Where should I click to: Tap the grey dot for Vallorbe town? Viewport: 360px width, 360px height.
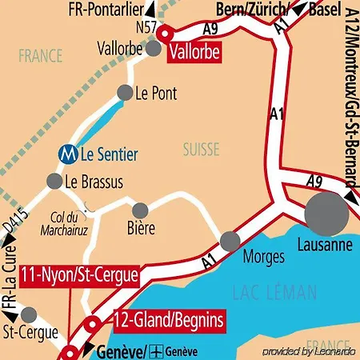(x=154, y=49)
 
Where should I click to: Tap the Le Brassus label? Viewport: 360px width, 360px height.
(x=94, y=182)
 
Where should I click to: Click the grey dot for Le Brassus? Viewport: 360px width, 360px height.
(x=54, y=181)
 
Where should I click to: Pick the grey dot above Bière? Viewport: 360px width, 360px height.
(x=141, y=210)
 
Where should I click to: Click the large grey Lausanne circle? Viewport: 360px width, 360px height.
(x=326, y=212)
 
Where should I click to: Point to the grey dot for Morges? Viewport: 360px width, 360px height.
(x=230, y=239)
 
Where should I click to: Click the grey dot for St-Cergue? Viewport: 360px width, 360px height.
(x=30, y=314)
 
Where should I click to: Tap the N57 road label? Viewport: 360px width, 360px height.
(x=146, y=27)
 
